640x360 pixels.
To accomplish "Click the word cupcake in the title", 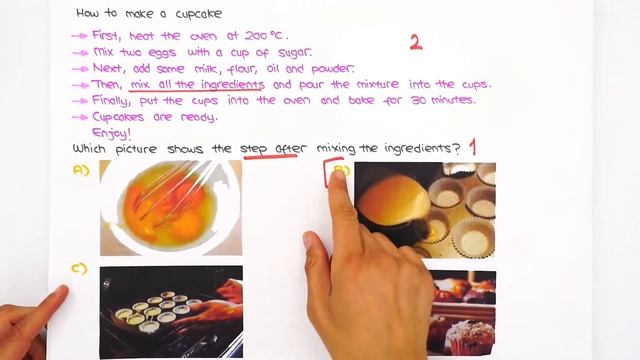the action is pyautogui.click(x=199, y=14).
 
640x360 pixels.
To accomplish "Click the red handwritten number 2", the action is pyautogui.click(x=416, y=42).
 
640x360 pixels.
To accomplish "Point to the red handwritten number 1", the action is pyautogui.click(x=472, y=147).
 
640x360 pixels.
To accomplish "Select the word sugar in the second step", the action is pyautogui.click(x=295, y=53).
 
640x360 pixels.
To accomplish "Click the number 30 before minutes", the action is pyautogui.click(x=418, y=100).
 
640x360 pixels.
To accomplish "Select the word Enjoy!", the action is pyautogui.click(x=111, y=133).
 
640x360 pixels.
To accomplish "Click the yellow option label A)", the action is pyautogui.click(x=81, y=170).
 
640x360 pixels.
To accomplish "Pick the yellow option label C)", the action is pyautogui.click(x=79, y=269).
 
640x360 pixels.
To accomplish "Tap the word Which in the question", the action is pyautogui.click(x=89, y=148).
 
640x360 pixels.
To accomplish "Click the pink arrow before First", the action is pyautogui.click(x=80, y=36).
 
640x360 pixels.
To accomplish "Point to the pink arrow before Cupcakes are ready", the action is pyautogui.click(x=80, y=118).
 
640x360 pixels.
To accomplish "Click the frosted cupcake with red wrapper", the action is pyautogui.click(x=470, y=338).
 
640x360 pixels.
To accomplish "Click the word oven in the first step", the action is pyautogui.click(x=203, y=36).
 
